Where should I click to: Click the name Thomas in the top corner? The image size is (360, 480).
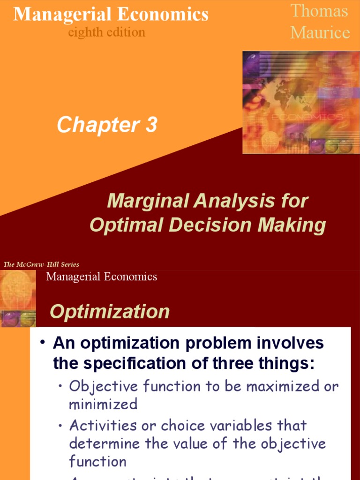pyautogui.click(x=319, y=11)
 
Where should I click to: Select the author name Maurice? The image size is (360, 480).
pyautogui.click(x=320, y=32)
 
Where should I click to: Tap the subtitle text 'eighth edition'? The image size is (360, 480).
pyautogui.click(x=107, y=32)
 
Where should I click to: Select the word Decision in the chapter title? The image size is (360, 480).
pyautogui.click(x=210, y=225)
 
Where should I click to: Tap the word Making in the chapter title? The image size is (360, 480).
pyautogui.click(x=291, y=225)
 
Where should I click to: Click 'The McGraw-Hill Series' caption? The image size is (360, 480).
pyautogui.click(x=41, y=264)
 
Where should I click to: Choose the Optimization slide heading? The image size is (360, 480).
pyautogui.click(x=110, y=312)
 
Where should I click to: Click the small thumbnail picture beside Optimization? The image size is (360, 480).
pyautogui.click(x=18, y=298)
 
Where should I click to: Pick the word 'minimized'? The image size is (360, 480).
pyautogui.click(x=103, y=404)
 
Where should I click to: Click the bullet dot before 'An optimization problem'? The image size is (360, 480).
pyautogui.click(x=42, y=343)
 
